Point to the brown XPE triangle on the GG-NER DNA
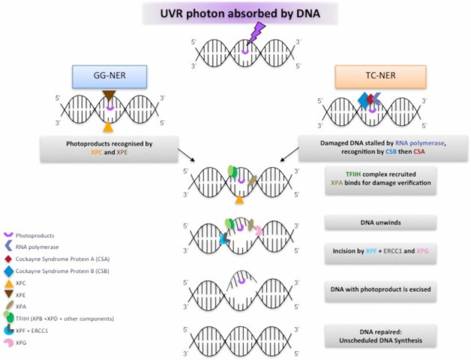tap(109, 95)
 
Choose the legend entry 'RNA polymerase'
tap(37, 246)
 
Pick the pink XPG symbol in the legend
tap(8, 342)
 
